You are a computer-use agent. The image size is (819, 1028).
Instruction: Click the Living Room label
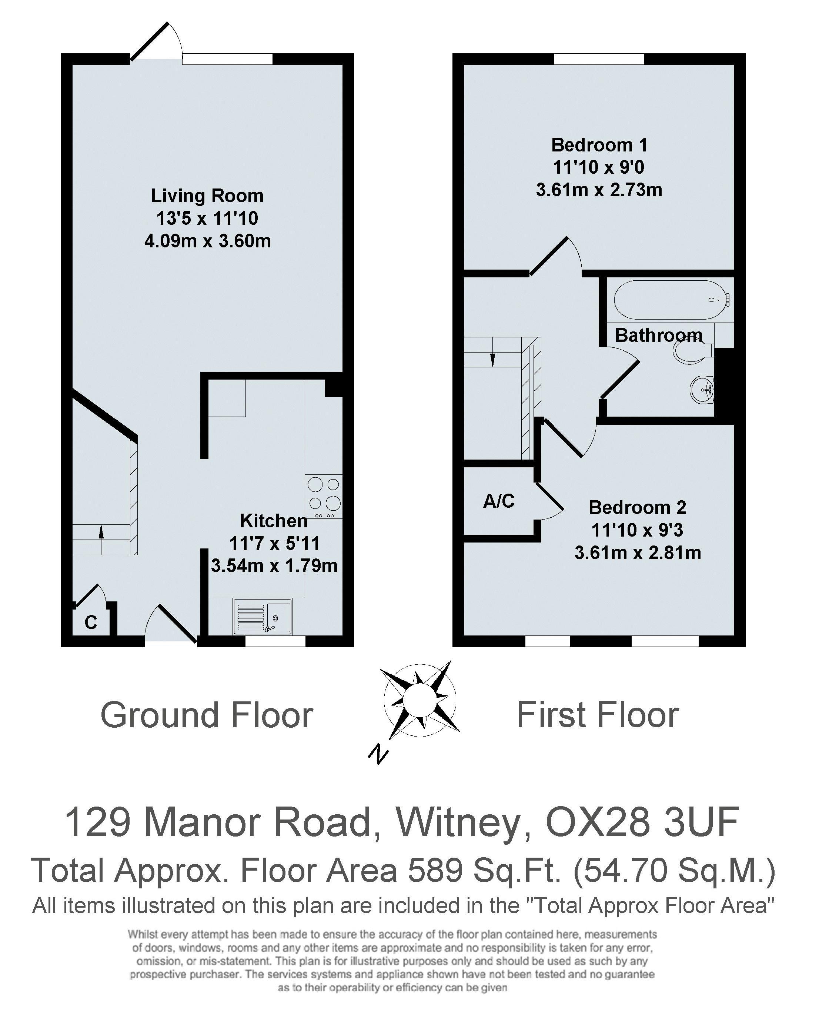coord(207,196)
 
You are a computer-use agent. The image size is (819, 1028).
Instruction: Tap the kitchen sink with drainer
coord(262,617)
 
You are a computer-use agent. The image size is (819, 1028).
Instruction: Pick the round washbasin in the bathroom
coord(702,388)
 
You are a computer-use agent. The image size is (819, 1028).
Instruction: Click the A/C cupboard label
coord(499,501)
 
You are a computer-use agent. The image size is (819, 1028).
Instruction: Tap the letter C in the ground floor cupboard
coord(91,622)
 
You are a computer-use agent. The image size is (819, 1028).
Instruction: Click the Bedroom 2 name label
coord(637,507)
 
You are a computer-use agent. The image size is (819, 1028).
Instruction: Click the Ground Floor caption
coord(207,715)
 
